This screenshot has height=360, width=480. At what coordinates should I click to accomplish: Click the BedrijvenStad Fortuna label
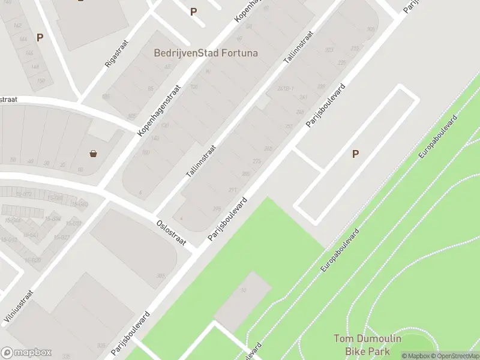click(206, 53)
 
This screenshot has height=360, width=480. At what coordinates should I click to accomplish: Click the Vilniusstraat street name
click(19, 308)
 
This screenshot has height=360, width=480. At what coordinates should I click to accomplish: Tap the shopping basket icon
click(94, 154)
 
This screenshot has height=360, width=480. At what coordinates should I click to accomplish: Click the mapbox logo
click(26, 353)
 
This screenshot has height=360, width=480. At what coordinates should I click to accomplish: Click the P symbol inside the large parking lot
click(355, 154)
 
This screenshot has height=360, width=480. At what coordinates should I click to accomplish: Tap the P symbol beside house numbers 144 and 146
click(40, 37)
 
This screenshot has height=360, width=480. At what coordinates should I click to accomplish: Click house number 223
click(329, 50)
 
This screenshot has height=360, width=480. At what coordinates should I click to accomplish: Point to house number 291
click(232, 190)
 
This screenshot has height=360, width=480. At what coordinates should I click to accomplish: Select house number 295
click(217, 209)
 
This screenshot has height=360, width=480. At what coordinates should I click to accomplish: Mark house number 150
click(41, 81)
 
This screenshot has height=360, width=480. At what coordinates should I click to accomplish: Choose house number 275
click(257, 161)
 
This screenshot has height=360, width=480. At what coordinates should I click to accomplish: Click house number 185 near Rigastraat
click(106, 96)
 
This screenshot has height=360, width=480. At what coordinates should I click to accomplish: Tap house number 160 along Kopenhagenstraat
click(145, 152)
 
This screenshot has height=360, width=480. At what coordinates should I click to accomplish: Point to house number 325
click(101, 346)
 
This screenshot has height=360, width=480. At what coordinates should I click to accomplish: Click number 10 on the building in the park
click(243, 290)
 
